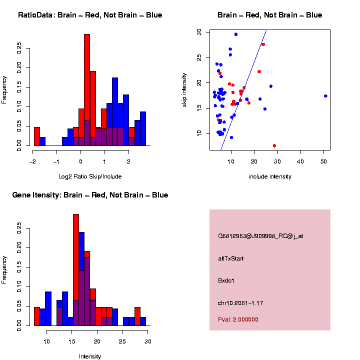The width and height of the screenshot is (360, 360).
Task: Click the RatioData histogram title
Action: (x=90, y=15)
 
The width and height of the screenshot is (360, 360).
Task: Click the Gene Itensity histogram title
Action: (x=90, y=194)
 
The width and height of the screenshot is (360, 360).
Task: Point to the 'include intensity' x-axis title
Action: (x=270, y=176)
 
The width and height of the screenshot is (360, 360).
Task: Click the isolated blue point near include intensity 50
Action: (x=325, y=96)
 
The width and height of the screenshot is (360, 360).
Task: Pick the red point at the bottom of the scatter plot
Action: (x=274, y=145)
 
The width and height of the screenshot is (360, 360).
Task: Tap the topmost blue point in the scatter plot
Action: (x=236, y=34)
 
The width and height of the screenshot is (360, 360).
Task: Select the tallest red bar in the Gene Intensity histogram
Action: (x=76, y=250)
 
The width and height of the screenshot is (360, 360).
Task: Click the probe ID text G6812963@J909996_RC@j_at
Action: (x=260, y=236)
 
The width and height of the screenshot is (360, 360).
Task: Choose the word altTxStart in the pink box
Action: (x=231, y=258)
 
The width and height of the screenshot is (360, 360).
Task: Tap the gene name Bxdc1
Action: (x=226, y=280)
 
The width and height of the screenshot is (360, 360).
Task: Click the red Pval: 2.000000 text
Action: (x=238, y=319)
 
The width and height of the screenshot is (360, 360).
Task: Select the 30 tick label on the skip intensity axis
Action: (x=199, y=31)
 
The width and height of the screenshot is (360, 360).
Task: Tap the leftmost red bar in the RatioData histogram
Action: (x=37, y=136)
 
